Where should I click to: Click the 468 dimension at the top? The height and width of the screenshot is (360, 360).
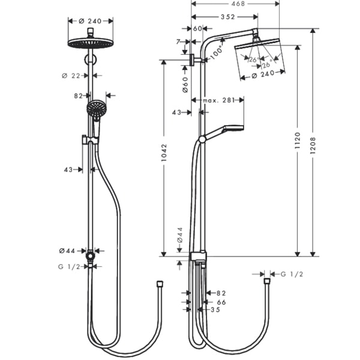pos(238,4)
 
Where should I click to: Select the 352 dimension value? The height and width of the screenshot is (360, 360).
pos(228,17)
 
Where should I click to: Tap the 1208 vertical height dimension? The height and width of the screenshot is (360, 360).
pos(313,145)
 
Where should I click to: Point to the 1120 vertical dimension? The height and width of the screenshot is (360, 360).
pos(298,140)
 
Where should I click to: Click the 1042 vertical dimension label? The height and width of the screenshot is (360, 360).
pos(164,152)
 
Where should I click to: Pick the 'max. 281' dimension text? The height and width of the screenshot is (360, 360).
pos(219,100)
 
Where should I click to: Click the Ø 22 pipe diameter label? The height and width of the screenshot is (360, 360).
pos(71,76)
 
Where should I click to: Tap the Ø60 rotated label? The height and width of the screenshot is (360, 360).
pos(185,85)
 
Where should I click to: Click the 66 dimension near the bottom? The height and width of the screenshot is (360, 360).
pos(221,302)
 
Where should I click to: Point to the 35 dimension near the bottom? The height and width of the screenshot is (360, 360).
pos(215,310)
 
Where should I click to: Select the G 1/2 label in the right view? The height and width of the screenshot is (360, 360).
pos(292,274)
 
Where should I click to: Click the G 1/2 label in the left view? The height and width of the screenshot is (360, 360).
pos(69,267)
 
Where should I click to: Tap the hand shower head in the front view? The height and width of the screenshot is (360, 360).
pos(97,109)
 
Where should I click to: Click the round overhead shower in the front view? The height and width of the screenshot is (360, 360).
pos(91,43)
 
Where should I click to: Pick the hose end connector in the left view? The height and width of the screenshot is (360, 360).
pos(160,284)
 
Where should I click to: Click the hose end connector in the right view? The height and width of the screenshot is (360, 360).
pos(267,281)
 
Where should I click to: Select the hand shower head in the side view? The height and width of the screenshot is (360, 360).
pos(234,128)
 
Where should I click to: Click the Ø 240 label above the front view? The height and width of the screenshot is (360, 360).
pos(90,21)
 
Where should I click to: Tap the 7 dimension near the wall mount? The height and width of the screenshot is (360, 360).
pos(178,42)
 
